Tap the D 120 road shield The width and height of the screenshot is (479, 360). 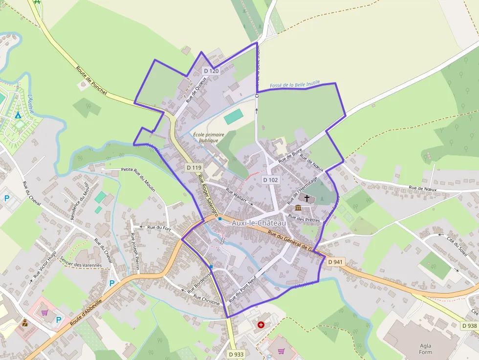coord(211,71)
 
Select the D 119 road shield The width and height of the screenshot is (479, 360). coord(194,168)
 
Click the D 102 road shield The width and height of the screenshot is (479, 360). coord(270,180)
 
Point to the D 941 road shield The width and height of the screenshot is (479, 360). coord(335,262)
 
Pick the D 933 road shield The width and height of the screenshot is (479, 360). coord(236,354)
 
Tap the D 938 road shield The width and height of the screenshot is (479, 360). coord(469,326)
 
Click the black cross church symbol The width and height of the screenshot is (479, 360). coord(307,198)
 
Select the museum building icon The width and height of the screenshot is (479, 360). coord(298,209)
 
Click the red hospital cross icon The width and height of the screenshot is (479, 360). coord(261,324)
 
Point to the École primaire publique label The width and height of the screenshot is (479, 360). coord(209,137)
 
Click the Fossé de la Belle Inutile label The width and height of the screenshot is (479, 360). coord(295,85)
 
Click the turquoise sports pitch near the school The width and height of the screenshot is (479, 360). coord(234,116)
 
